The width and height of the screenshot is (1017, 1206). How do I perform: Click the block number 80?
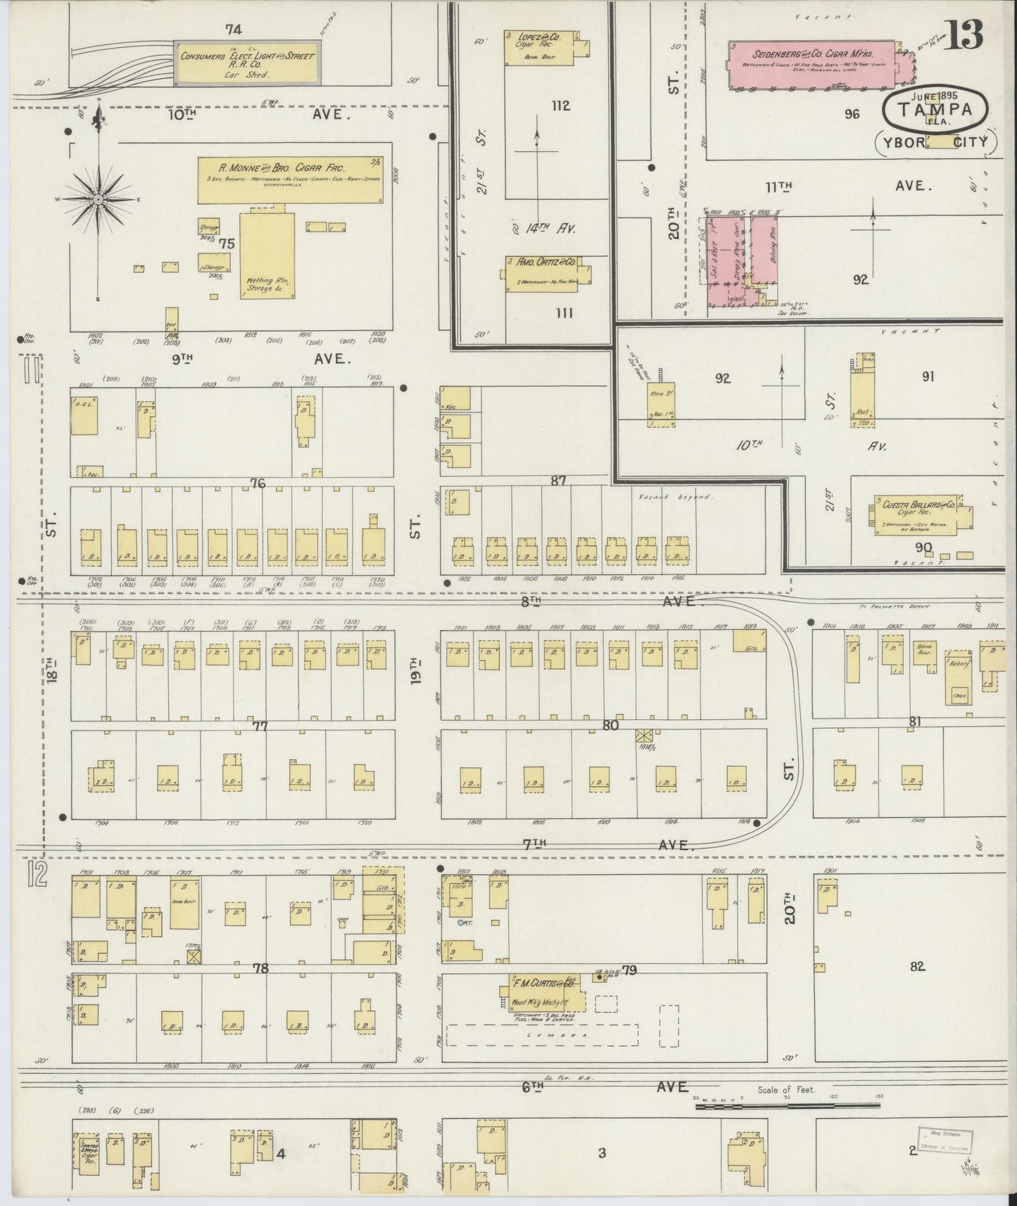click(610, 725)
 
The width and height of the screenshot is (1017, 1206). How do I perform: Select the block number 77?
click(260, 725)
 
